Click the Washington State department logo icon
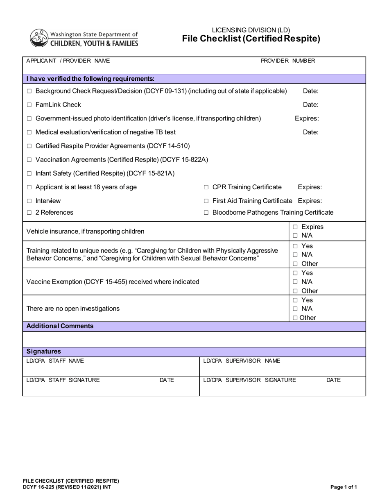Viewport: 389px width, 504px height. (39, 38)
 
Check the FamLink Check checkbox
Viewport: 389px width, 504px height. (29, 105)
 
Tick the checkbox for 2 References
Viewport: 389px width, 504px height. (29, 213)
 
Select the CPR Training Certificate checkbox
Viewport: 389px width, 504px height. (206, 188)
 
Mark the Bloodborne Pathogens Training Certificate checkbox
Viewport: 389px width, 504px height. (206, 213)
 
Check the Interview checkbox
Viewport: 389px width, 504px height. (29, 201)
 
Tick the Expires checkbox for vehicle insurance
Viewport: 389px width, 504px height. (295, 227)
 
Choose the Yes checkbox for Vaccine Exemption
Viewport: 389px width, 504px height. (295, 273)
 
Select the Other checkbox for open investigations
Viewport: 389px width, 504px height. (295, 318)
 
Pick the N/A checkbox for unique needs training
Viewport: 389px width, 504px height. (295, 255)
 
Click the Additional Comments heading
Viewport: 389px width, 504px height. (60, 326)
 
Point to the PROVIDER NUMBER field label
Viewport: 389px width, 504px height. (288, 61)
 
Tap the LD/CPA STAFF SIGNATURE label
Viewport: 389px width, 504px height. (63, 380)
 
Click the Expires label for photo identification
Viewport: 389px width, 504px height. (307, 118)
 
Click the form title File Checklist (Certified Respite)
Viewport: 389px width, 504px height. (251, 39)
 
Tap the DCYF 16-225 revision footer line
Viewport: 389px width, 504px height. (66, 487)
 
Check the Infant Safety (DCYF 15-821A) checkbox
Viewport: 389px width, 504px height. (29, 174)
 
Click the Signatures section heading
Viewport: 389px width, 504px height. (43, 352)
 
